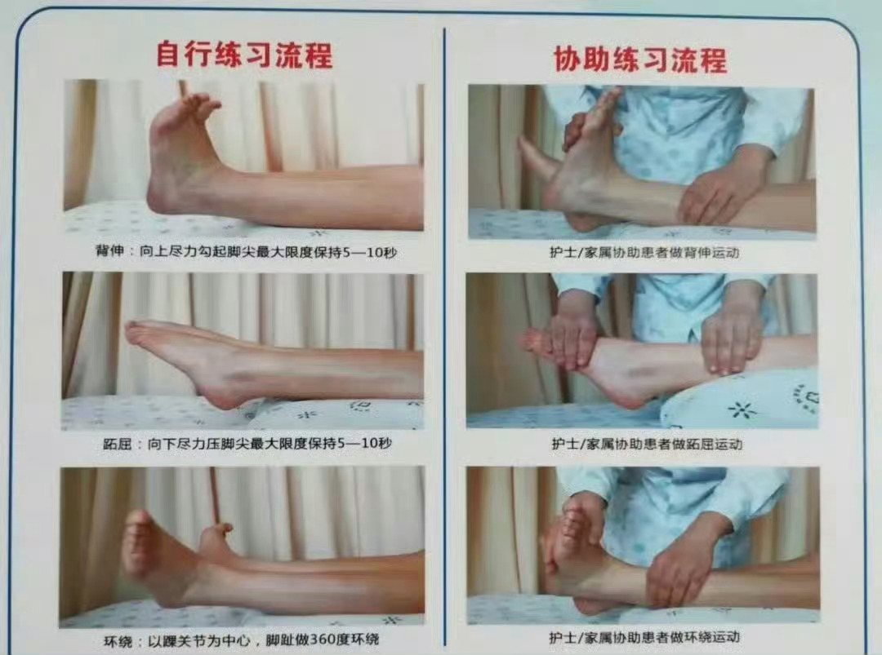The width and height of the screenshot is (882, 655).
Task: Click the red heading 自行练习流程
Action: tap(244, 54)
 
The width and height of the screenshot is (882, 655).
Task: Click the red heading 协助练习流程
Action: tap(641, 59)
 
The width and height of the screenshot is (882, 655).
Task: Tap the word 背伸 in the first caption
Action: tap(109, 250)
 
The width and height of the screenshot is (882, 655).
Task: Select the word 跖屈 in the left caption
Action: tap(117, 445)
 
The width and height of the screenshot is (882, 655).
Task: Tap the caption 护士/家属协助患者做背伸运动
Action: tap(644, 253)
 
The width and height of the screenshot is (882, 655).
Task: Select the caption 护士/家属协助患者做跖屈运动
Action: tap(647, 445)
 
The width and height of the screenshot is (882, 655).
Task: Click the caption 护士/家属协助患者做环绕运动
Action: tap(644, 638)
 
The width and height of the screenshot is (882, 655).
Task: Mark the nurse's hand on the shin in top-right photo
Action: tap(720, 191)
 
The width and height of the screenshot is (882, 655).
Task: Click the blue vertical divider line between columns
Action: tap(445, 337)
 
